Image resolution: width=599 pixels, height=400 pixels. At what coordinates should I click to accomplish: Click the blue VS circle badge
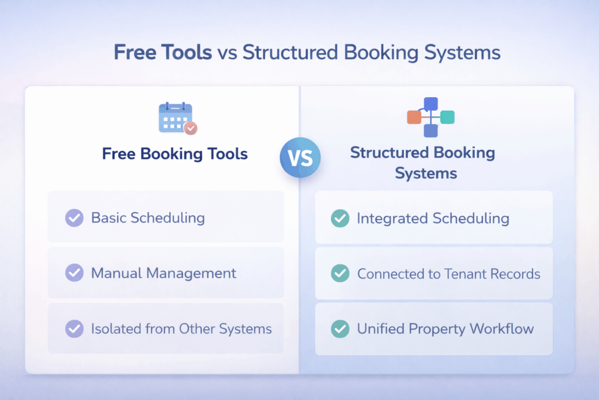pos(299,157)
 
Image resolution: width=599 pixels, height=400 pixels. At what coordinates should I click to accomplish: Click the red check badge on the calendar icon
pos(190,128)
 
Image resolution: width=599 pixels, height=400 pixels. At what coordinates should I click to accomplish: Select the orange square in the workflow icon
pos(414,117)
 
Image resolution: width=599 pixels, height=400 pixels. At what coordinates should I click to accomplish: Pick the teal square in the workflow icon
pos(447,117)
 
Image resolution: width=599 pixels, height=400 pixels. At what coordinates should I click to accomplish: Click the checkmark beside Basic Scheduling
pos(74,218)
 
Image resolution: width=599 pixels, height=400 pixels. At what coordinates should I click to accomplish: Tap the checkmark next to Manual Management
pos(74,273)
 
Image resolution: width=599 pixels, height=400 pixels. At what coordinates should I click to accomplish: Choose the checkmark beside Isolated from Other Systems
pos(74,329)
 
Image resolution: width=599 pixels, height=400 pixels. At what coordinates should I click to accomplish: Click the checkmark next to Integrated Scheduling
pos(340,218)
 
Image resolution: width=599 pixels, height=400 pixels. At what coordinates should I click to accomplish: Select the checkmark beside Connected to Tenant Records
pos(340,273)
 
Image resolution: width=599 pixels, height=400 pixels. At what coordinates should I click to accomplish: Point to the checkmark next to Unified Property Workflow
pos(340,329)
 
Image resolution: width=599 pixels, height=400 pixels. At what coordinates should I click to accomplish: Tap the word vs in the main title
pos(228,53)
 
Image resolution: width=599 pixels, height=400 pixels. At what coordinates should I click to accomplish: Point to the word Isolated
pos(114,329)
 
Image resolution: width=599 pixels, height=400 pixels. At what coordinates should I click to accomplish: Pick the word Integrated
pos(392,218)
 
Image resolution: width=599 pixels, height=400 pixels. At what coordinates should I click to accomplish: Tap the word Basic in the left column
pos(108,218)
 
